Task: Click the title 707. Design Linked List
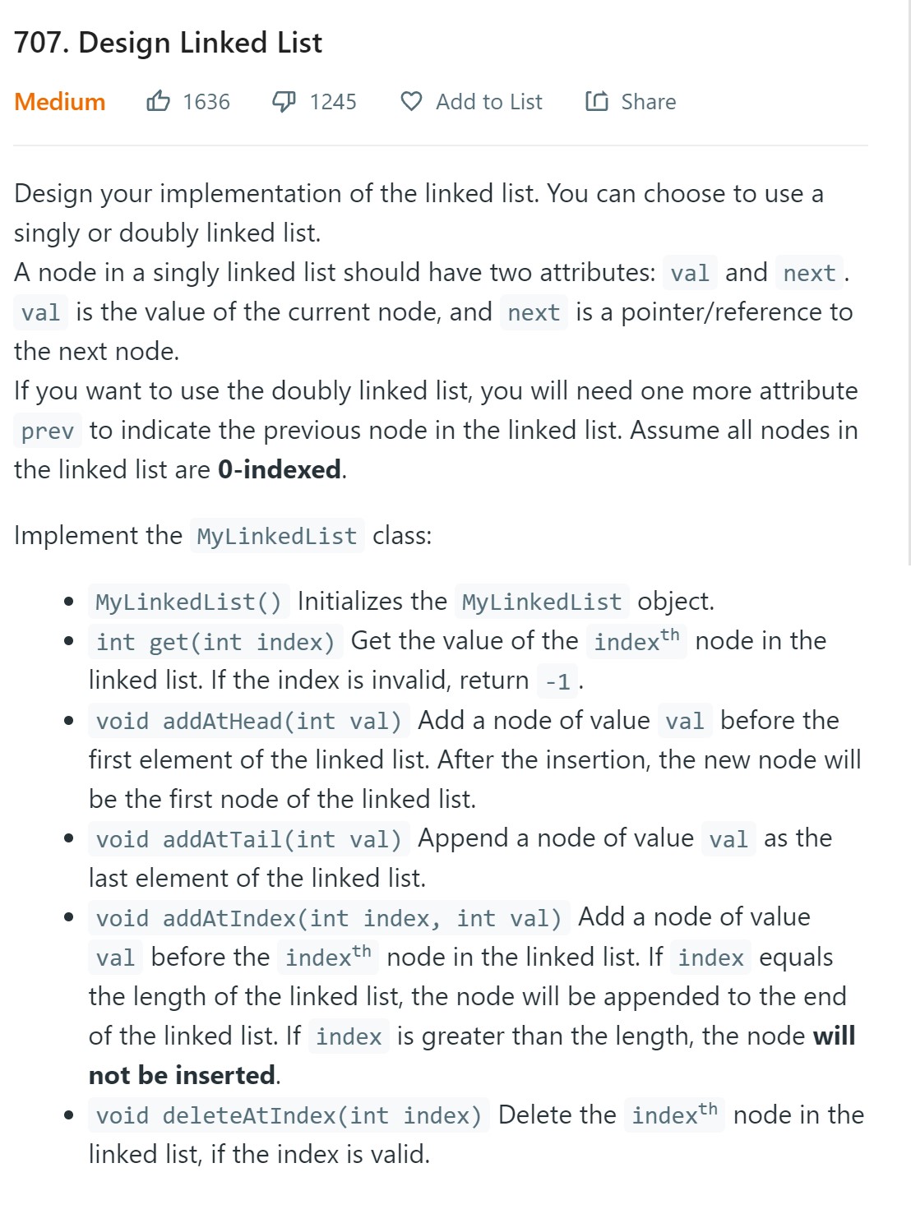coord(168,43)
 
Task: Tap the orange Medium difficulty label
coord(59,102)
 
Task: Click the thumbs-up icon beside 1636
coord(158,101)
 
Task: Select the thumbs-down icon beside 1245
coord(284,102)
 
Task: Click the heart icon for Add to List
coord(411,101)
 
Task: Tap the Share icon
coord(597,101)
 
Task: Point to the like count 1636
coord(206,102)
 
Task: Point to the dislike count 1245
coord(333,102)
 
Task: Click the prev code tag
coord(48,431)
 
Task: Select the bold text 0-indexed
coord(280,469)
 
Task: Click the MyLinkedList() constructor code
coord(188,602)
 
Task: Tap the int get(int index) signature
coord(215,641)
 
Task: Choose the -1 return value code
coord(557,681)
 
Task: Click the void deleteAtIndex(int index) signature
coord(288,1115)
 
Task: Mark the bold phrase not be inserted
coord(183,1075)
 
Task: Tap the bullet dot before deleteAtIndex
coord(69,1115)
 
